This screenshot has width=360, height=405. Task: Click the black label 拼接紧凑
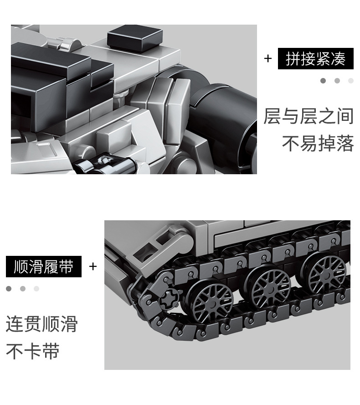tap(315, 59)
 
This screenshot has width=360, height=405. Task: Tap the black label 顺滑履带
tap(44, 266)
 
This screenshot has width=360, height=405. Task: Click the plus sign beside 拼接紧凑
tap(268, 58)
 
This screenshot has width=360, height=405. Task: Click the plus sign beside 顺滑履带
tap(93, 266)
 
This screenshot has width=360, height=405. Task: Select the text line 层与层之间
tap(309, 116)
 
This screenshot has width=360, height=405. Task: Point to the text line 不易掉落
tap(318, 143)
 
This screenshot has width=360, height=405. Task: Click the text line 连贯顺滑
tap(41, 324)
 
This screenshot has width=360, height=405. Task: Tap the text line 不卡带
tap(32, 351)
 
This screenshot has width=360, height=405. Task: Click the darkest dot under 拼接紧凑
tap(323, 81)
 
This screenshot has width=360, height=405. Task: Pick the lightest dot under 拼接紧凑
tap(351, 81)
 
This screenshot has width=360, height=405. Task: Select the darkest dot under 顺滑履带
tap(9, 289)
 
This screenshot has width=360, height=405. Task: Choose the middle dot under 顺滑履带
tap(23, 289)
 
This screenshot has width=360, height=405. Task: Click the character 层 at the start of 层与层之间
tap(272, 116)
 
